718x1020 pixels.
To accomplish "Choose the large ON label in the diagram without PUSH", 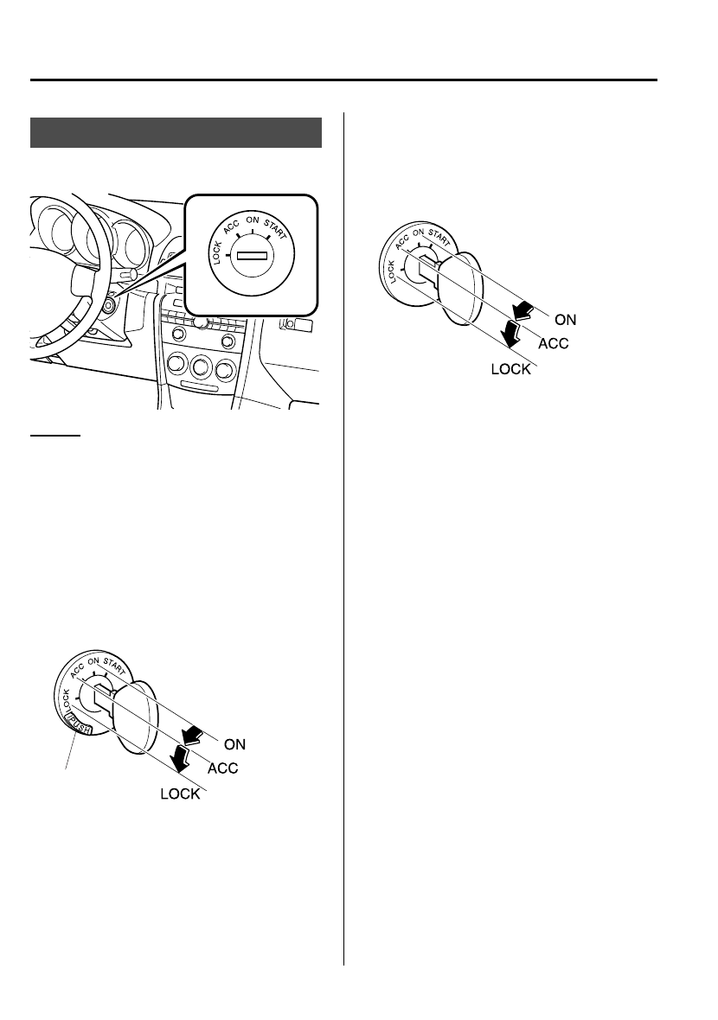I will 564,319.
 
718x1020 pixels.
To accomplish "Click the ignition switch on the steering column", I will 108,305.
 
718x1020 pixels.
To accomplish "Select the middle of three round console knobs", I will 202,367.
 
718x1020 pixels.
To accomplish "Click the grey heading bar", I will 176,134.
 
